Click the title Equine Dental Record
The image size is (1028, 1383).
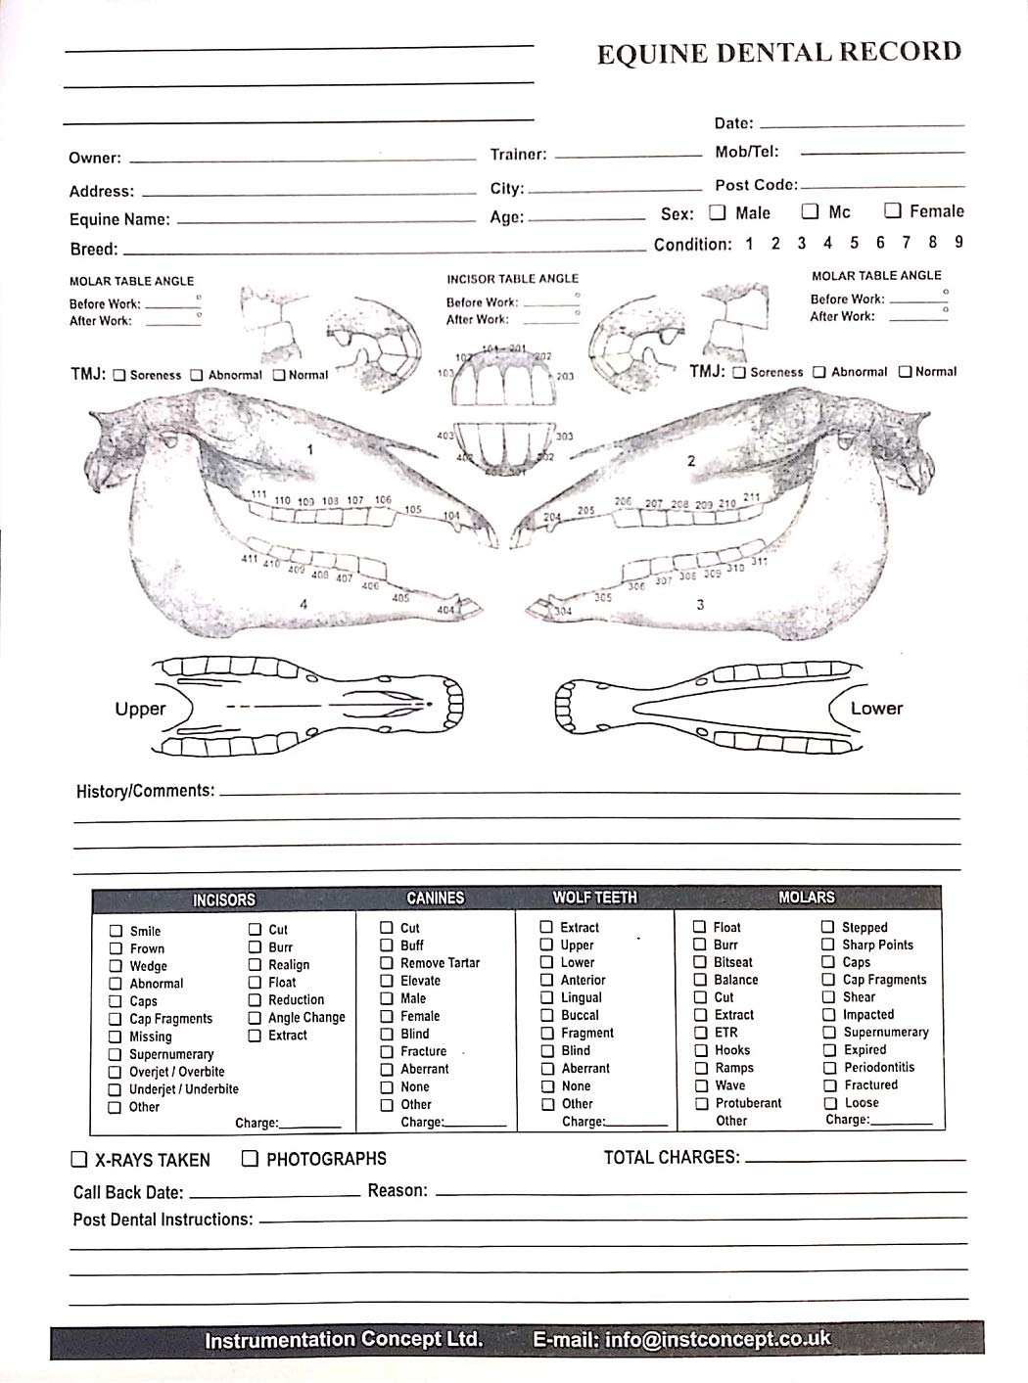point(779,53)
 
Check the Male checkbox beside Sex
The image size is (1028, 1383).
point(718,212)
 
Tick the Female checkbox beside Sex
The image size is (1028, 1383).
point(893,210)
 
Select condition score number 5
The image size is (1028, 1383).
point(854,243)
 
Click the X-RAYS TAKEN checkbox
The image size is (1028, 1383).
point(79,1160)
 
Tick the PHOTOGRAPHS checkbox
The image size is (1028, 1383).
point(251,1159)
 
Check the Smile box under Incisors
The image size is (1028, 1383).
point(117,931)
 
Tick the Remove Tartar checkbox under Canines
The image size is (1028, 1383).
point(387,963)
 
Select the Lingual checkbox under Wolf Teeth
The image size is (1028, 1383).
point(547,998)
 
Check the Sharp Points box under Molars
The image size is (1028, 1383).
point(829,945)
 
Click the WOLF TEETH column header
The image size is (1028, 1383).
point(594,897)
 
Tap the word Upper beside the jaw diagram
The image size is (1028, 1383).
point(140,709)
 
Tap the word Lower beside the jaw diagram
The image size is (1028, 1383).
point(876,708)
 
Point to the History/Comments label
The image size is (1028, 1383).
point(145,790)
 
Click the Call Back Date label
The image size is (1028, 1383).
point(128,1192)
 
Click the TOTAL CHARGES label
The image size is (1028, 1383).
point(672,1157)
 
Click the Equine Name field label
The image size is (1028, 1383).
point(119,219)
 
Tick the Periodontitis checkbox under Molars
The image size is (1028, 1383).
point(829,1068)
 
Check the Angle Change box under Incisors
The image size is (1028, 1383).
point(255,1018)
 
